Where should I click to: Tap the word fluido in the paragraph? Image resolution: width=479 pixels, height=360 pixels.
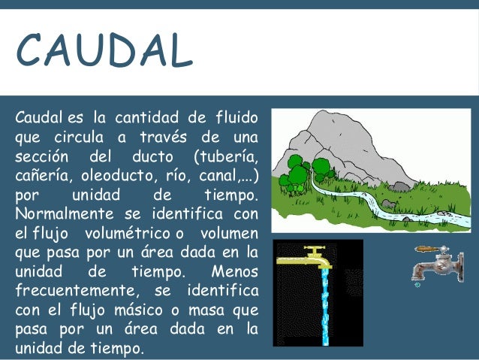(x=234, y=119)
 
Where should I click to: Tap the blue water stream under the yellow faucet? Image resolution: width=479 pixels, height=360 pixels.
(x=324, y=308)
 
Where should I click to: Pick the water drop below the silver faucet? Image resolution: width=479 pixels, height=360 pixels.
(x=417, y=285)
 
